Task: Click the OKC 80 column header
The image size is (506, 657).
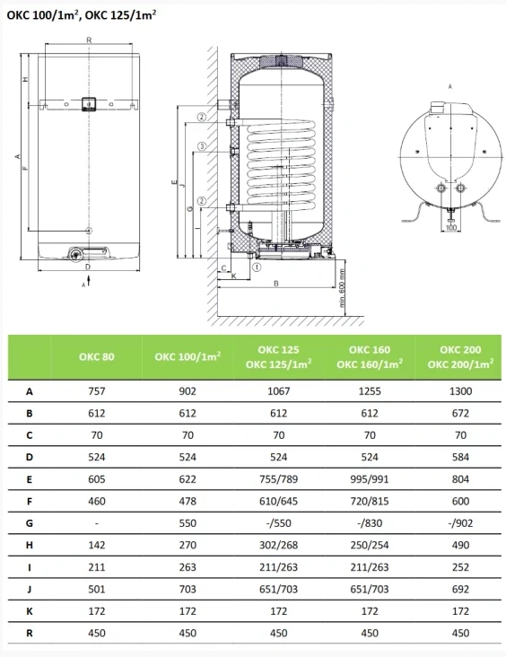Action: [x=96, y=356]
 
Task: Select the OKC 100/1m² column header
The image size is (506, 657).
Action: [x=188, y=356]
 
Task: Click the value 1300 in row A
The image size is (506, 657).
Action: [x=460, y=391]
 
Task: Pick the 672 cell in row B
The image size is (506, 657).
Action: [x=460, y=413]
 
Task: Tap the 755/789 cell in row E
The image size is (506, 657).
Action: [x=278, y=479]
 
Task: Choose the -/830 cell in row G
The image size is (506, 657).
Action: [x=370, y=523]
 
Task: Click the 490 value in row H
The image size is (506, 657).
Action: [x=460, y=545]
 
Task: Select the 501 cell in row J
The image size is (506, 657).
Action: [x=96, y=589]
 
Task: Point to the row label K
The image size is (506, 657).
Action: [x=30, y=611]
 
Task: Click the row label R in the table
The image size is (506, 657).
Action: [x=30, y=633]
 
